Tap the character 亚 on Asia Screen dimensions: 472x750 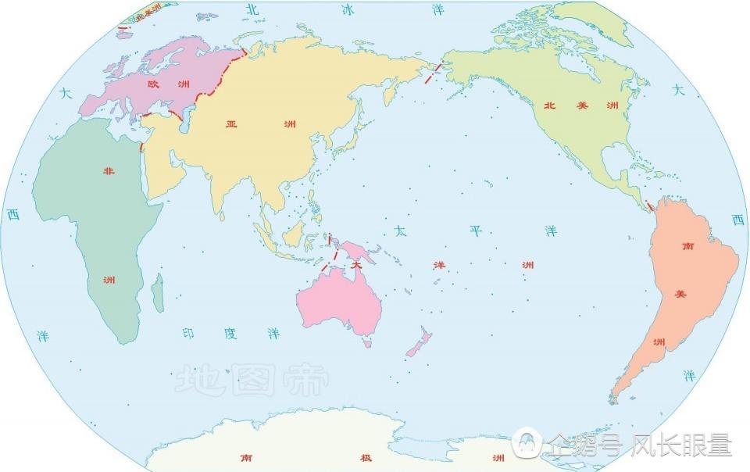[x=232, y=124]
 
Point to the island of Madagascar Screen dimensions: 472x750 [x=159, y=291]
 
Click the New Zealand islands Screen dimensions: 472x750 [x=420, y=343]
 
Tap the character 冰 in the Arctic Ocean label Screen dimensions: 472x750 [x=348, y=9]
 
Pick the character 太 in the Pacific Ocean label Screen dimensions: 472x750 [x=400, y=231]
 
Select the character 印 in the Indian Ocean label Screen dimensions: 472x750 [x=188, y=334]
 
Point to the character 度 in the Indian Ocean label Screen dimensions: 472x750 [x=230, y=334]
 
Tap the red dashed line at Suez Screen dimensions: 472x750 [x=141, y=146]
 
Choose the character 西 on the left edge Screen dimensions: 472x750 [x=12, y=215]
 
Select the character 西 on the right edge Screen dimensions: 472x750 [x=737, y=220]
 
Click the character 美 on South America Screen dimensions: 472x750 [x=680, y=294]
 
